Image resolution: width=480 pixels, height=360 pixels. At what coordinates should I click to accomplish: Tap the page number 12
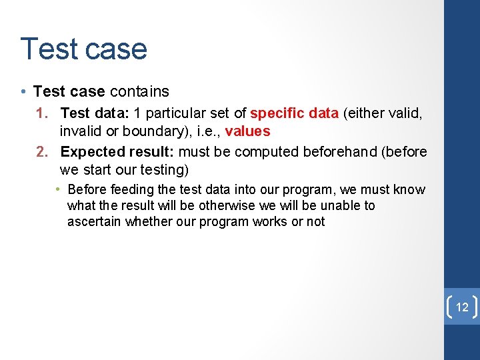tap(462, 307)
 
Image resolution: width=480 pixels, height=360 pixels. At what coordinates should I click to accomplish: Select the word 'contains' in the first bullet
tap(139, 91)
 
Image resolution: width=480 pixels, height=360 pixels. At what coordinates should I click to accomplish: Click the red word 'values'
tap(248, 131)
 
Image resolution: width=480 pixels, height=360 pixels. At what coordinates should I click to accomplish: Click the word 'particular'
tap(175, 113)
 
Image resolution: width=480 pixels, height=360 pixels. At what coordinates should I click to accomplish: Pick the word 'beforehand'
tap(339, 152)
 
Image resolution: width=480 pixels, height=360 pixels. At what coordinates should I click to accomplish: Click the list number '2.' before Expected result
tap(45, 152)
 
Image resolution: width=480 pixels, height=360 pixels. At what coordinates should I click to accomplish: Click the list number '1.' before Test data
tap(45, 113)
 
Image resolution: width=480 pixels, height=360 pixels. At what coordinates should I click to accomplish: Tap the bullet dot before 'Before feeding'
tap(59, 190)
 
